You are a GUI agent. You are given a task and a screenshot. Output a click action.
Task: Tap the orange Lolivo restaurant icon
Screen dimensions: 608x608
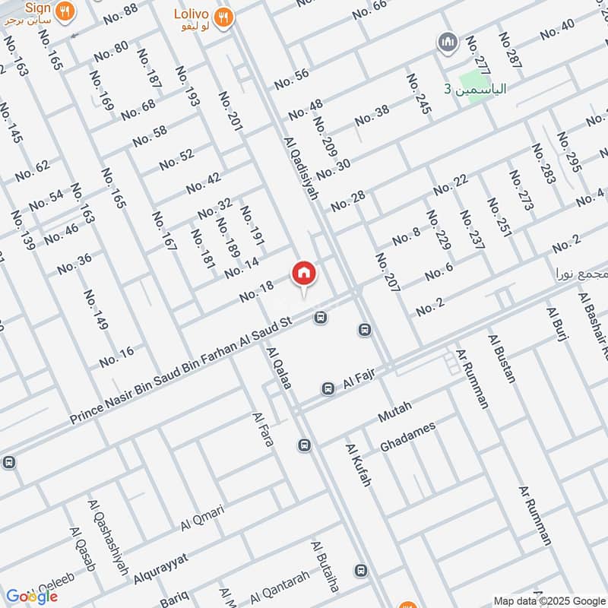223,17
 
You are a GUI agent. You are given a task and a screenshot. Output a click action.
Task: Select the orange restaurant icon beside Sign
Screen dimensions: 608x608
66,11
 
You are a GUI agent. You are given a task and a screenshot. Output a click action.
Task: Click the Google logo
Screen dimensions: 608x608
31,595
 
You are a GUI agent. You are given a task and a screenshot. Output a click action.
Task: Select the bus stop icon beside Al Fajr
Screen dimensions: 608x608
328,388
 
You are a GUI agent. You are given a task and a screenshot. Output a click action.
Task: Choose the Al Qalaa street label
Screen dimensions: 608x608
279,369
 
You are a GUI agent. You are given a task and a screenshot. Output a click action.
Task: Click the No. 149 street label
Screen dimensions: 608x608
96,309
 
